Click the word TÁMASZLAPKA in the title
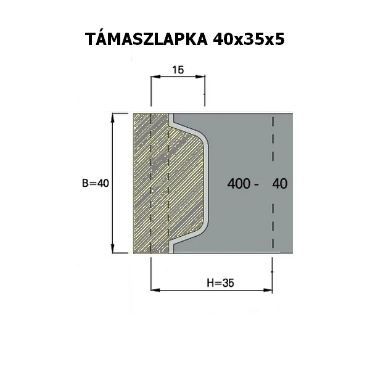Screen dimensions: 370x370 pos(146,39)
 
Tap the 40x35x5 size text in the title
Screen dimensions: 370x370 pos(249,39)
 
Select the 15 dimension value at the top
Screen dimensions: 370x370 pos(178,70)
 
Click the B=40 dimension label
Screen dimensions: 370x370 pos(96,183)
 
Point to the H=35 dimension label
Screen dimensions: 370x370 pos(220,282)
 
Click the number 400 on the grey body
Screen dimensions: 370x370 pos(239,183)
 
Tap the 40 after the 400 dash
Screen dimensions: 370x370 pos(280,183)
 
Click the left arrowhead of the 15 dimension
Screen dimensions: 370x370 pos(156,76)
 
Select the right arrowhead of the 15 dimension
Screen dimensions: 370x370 pos(200,76)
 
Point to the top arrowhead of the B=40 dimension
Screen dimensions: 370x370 pos(113,118)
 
